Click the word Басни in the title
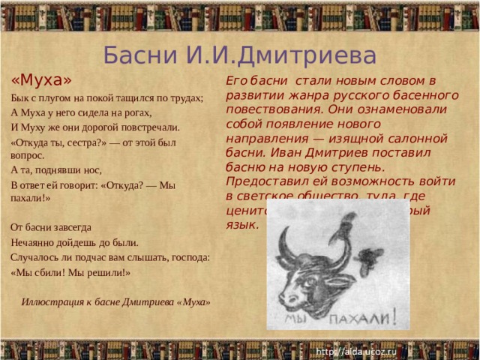(x=134, y=55)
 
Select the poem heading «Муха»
(x=41, y=79)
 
